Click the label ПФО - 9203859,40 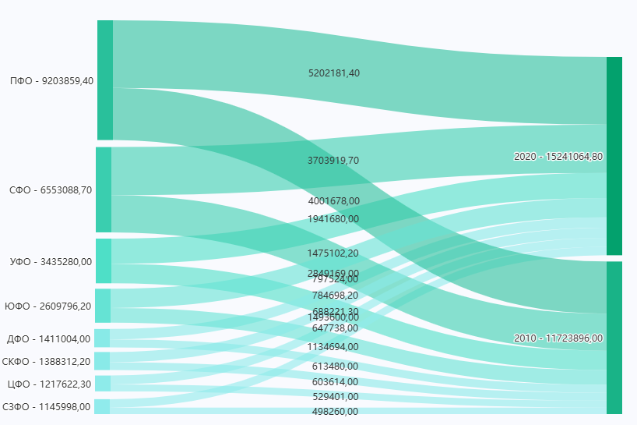click(51, 80)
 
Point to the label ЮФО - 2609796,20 click(48, 306)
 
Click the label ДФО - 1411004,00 click(48, 338)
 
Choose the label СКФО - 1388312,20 click(47, 361)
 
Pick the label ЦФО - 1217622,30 click(48, 384)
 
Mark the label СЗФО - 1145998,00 click(47, 406)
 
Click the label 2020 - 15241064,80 click(558, 156)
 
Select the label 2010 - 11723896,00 click(558, 338)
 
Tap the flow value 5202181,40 click(334, 73)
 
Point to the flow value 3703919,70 click(333, 161)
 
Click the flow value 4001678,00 click(333, 201)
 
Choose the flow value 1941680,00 click(333, 219)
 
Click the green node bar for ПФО click(105, 80)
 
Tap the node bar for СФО click(104, 189)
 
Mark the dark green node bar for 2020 click(614, 155)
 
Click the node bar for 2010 click(614, 338)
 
